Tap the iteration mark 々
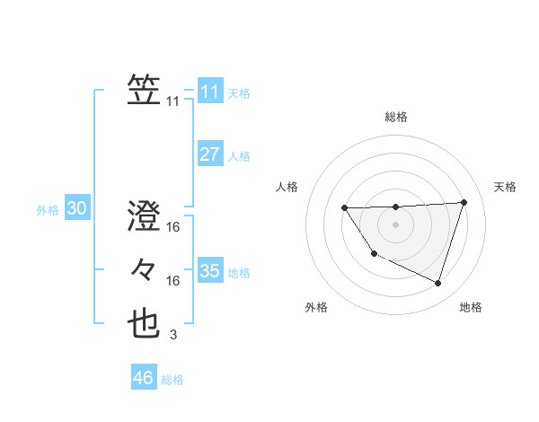144,268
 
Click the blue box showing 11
209,91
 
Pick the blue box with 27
209,154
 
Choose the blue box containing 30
76,208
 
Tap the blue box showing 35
209,270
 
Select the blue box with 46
143,377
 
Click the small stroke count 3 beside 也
173,335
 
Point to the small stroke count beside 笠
173,101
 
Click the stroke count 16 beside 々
173,281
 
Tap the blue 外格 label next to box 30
48,210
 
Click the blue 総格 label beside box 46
172,380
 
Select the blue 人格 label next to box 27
239,156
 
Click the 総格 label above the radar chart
395,117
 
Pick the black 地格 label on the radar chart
471,307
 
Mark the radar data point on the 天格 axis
464,202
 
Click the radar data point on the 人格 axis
345,208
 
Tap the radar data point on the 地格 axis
437,284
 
